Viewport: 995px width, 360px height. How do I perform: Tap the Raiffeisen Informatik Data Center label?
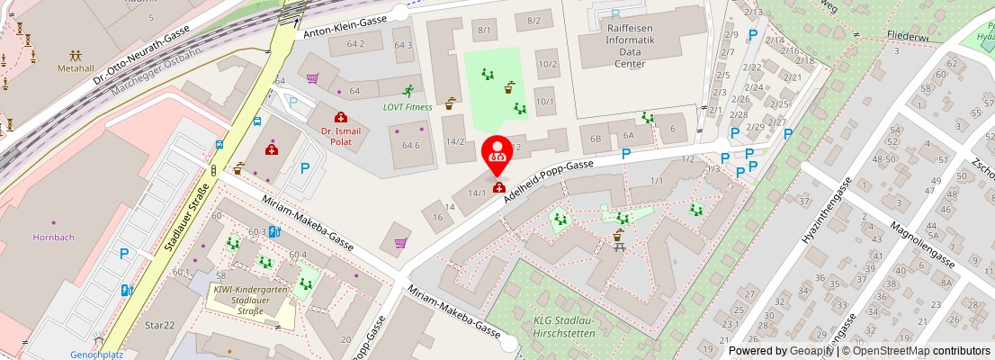click(x=623, y=46)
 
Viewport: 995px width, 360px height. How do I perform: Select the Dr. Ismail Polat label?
click(x=341, y=137)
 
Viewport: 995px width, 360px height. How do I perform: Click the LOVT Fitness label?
click(x=408, y=106)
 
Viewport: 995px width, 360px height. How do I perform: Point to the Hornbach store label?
click(x=53, y=238)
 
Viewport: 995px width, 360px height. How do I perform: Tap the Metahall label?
click(x=76, y=68)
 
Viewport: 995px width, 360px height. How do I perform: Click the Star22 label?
click(x=158, y=324)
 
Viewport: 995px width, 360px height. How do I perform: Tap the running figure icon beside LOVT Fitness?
click(x=408, y=91)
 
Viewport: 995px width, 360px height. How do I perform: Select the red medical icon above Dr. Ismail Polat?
click(x=341, y=117)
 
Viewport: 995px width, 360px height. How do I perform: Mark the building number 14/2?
click(x=455, y=141)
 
